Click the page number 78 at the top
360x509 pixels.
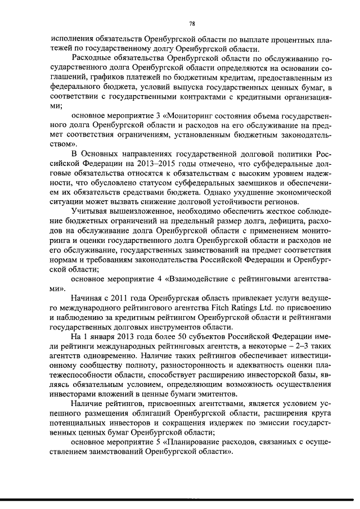pos(192,23)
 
